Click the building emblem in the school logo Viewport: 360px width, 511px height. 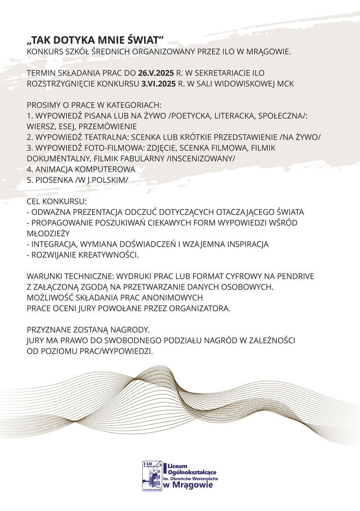[152, 475]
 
